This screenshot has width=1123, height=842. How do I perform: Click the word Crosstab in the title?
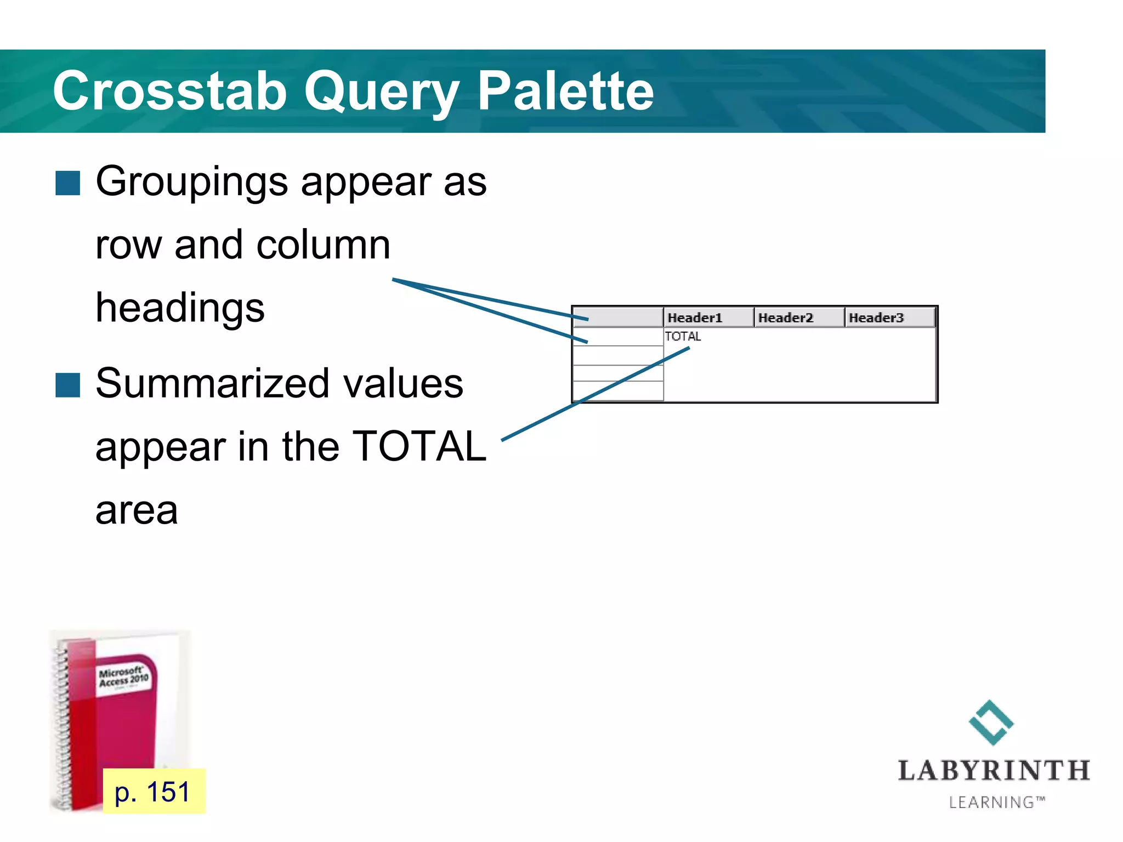pyautogui.click(x=169, y=91)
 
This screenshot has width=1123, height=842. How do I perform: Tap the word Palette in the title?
pyautogui.click(x=565, y=91)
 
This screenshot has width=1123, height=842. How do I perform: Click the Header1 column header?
pyautogui.click(x=695, y=318)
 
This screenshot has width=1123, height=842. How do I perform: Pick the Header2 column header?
pyautogui.click(x=785, y=318)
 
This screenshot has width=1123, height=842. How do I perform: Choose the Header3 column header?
pyautogui.click(x=876, y=318)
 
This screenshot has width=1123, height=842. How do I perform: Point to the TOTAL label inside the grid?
pyautogui.click(x=683, y=337)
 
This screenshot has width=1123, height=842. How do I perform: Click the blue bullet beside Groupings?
pyautogui.click(x=68, y=183)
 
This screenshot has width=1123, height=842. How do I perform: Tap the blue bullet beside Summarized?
pyautogui.click(x=68, y=385)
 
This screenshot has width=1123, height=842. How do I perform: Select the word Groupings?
pyautogui.click(x=191, y=182)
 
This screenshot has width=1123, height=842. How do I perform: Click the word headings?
pyautogui.click(x=180, y=308)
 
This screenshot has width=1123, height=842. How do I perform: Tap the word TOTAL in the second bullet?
pyautogui.click(x=419, y=446)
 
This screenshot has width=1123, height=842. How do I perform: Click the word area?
pyautogui.click(x=137, y=510)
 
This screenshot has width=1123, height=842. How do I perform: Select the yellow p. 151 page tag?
pyautogui.click(x=154, y=792)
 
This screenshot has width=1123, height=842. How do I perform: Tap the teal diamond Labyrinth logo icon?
pyautogui.click(x=991, y=722)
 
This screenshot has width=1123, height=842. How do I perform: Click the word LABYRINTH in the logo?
pyautogui.click(x=994, y=771)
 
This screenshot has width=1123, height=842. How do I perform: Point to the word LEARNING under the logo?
pyautogui.click(x=992, y=803)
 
